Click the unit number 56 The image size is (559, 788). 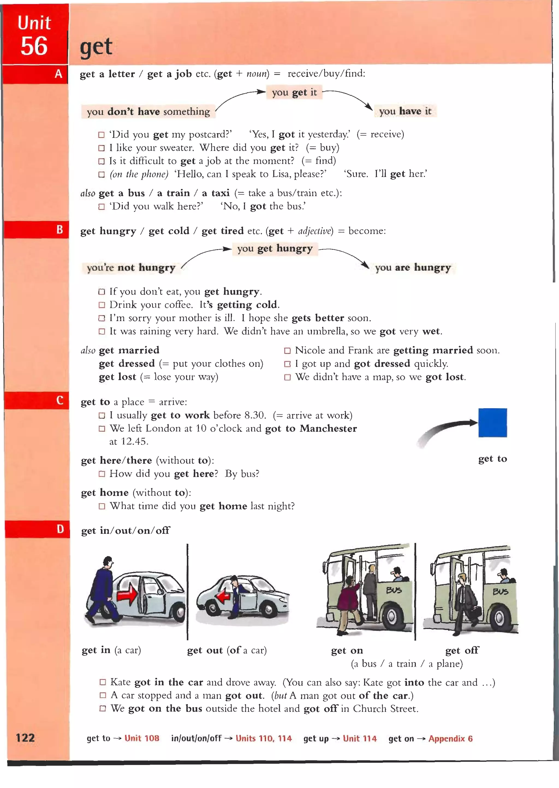[34, 46]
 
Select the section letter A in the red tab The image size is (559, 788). [58, 74]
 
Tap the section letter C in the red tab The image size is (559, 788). [60, 400]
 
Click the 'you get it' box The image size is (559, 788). [294, 92]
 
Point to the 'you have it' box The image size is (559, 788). [405, 111]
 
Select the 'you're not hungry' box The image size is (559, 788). [131, 267]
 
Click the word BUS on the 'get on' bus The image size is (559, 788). [394, 590]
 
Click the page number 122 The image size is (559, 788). [25, 738]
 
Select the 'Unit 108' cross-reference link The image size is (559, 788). [142, 738]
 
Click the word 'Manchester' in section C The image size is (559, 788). [328, 428]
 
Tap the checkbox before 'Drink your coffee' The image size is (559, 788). [102, 305]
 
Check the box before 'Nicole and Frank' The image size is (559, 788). [287, 351]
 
